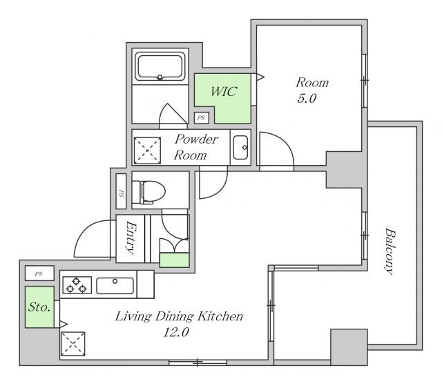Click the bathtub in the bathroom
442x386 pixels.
[160, 66]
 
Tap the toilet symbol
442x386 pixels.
[148, 192]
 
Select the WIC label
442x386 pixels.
[224, 92]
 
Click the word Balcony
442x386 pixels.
[390, 251]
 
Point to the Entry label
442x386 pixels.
[131, 238]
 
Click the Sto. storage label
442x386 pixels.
[39, 307]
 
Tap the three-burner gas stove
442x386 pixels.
[77, 285]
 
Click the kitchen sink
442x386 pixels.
[115, 285]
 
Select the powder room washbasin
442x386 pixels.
[240, 147]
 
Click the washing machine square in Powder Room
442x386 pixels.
[147, 151]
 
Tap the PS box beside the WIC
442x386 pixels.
[201, 118]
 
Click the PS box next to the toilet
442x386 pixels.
[122, 191]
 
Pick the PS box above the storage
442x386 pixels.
[39, 273]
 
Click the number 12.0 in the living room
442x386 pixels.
[176, 333]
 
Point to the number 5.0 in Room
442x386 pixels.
[307, 99]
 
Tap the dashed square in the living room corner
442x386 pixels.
[73, 344]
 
